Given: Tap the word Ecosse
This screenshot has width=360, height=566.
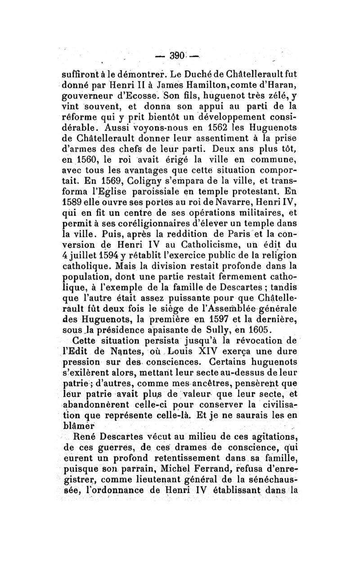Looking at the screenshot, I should pos(139,95).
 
